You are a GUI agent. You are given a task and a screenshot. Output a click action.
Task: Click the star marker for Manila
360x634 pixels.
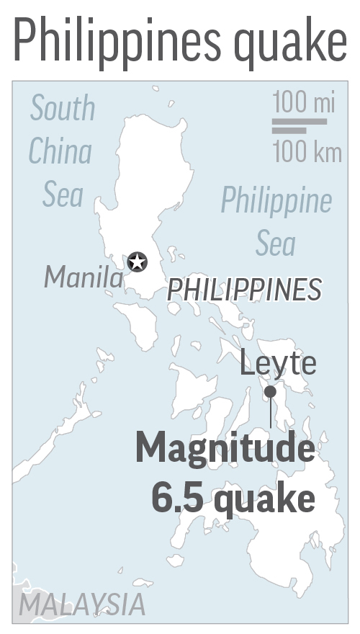point(137,262)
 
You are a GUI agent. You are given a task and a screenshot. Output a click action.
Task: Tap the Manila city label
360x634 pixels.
point(83,277)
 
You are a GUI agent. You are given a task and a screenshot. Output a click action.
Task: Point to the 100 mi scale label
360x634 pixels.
point(304,102)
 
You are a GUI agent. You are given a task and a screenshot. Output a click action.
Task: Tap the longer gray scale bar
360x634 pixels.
point(300,122)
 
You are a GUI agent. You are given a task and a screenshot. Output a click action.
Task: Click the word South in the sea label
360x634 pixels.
point(63,109)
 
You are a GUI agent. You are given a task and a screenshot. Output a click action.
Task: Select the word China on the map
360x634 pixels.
point(60,152)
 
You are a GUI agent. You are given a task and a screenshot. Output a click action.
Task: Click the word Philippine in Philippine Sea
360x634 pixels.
point(276,200)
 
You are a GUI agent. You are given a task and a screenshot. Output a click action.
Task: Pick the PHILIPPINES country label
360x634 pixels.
point(244,290)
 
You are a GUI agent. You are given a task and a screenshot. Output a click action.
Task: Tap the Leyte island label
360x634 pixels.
point(278,363)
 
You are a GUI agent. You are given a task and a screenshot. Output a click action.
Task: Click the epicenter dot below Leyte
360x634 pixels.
point(270,391)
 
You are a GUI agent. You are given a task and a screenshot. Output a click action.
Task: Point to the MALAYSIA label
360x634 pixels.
point(81,604)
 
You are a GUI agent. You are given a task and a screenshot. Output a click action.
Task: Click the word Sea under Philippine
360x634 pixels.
point(276,244)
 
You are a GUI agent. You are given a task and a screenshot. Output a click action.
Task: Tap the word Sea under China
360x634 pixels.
point(63,195)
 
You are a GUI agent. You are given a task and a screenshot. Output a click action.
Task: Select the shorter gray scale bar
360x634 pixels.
point(289,130)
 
